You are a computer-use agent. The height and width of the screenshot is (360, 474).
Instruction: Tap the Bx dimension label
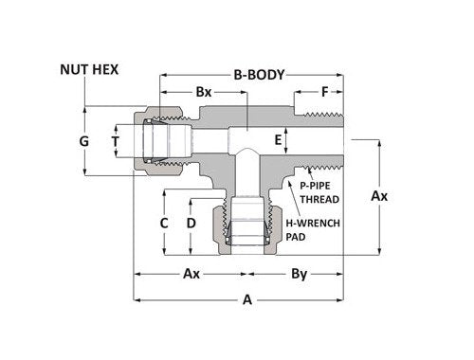(x=203, y=93)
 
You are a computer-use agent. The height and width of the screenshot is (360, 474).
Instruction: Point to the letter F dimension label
(x=325, y=93)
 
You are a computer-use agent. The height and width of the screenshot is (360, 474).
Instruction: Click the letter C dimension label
(x=164, y=223)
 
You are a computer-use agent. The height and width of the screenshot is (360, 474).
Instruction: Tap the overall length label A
(x=247, y=300)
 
